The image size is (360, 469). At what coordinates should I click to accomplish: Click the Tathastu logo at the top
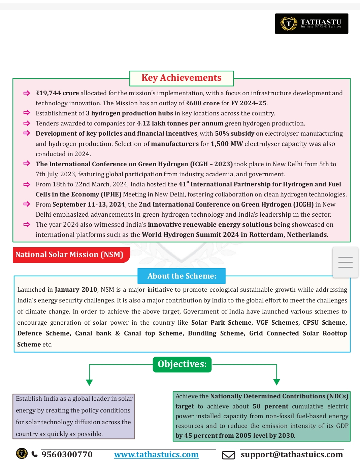coord(312,24)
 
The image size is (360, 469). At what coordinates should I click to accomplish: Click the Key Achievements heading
coord(181,78)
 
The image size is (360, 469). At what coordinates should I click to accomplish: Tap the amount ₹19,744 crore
coord(57,93)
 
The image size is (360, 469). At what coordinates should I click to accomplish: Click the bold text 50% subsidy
coord(234,134)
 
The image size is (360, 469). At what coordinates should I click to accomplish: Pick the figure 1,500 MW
coord(227,144)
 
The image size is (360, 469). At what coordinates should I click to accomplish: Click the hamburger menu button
coord(345,262)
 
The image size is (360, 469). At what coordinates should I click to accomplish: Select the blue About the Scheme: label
coord(182,276)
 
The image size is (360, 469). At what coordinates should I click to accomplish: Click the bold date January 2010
coord(76,290)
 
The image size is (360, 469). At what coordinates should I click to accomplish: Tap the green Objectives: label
coord(182,364)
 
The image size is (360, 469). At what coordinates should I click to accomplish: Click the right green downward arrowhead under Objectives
coord(276,382)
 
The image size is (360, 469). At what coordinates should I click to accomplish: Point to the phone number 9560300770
coord(67,455)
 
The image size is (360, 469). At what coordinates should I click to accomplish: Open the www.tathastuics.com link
coord(156,455)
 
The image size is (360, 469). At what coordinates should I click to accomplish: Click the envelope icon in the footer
coord(228,455)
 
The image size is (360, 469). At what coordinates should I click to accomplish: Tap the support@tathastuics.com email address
coord(292,455)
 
